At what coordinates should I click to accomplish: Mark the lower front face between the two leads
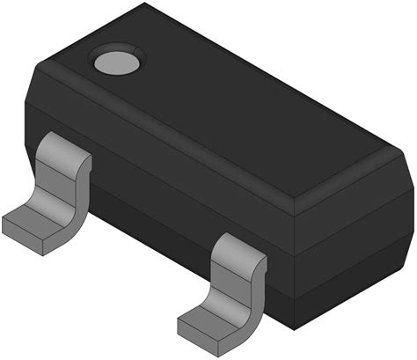[x=150, y=211]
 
